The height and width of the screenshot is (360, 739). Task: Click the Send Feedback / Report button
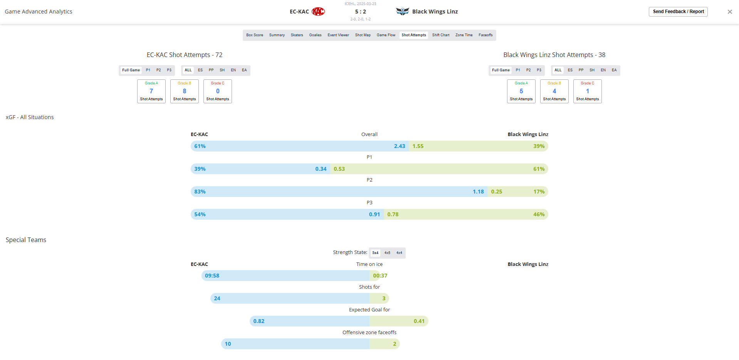678,12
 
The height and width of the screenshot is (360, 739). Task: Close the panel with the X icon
729,12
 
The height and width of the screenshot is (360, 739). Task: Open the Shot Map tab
363,35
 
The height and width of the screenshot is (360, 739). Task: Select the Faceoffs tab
485,35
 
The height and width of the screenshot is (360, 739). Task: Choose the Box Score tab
255,35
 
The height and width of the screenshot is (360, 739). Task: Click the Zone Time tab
464,35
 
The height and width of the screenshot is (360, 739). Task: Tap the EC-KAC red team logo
318,12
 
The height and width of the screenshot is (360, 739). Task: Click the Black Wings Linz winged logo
402,12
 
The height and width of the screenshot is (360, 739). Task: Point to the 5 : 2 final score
361,12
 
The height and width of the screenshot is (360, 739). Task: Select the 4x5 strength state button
387,253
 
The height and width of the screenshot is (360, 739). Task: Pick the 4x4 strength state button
399,253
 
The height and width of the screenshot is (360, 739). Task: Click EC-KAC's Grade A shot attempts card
151,91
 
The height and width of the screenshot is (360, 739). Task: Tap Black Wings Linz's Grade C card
587,91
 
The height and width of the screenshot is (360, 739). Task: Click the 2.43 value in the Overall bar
400,146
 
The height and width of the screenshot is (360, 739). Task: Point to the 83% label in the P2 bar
200,192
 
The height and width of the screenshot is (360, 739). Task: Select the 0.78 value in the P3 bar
393,214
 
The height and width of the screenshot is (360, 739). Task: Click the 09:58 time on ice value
212,276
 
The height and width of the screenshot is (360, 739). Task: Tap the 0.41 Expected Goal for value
419,321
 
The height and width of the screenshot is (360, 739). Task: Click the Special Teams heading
26,240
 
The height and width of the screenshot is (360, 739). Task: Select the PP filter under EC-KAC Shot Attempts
211,70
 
